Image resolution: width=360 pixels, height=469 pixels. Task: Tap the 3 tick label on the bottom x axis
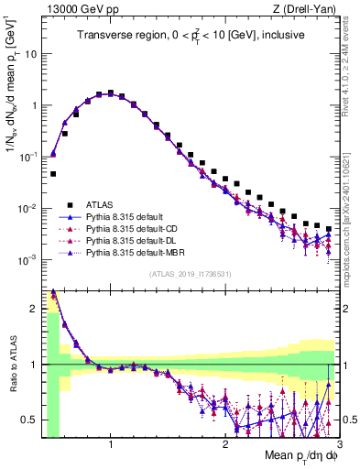tap(339, 442)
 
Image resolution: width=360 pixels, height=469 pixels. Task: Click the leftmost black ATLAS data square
tap(53, 173)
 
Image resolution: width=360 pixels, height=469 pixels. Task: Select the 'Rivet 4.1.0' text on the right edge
tap(351, 55)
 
